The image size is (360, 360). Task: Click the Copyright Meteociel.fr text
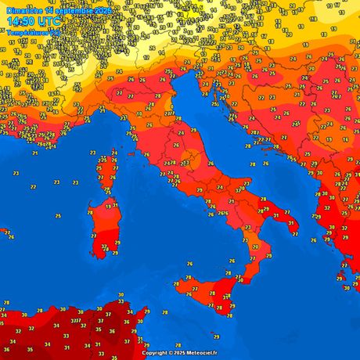(181, 354)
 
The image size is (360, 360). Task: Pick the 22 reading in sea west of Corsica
(32, 188)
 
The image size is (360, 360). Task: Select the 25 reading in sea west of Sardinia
(58, 215)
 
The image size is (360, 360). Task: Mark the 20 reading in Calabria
(254, 247)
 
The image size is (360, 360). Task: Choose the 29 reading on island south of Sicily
(229, 317)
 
